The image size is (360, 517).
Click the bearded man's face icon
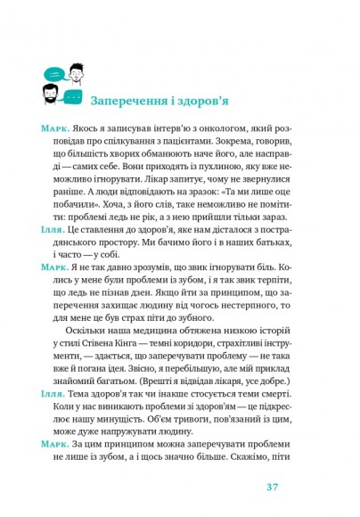click(x=52, y=90)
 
